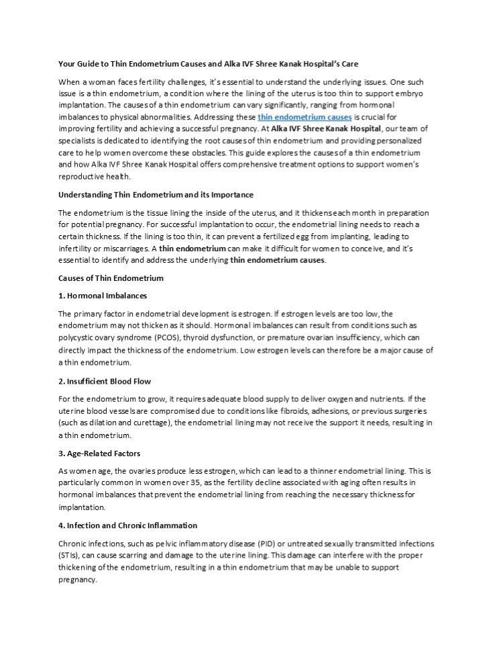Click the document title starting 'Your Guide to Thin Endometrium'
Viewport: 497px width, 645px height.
point(209,64)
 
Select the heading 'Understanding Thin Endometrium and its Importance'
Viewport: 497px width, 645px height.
point(156,195)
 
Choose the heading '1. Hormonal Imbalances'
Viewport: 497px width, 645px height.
point(103,296)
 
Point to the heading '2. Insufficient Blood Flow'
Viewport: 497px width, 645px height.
point(105,381)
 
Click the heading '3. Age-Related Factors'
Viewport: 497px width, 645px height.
point(99,454)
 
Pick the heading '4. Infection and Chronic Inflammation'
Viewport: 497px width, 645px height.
point(127,525)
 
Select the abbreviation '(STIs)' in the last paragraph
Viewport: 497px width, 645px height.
point(69,555)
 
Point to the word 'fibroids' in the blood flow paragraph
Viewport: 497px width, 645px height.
point(278,411)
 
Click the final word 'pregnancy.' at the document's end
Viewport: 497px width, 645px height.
point(78,579)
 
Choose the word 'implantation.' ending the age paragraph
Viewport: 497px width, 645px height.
point(82,508)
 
